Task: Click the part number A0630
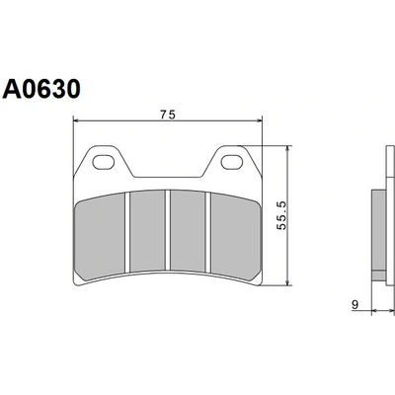(x=41, y=89)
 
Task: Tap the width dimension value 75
(x=168, y=115)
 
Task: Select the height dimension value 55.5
(x=282, y=215)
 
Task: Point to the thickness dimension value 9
(x=355, y=304)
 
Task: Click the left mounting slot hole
(x=103, y=162)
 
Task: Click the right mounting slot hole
(x=231, y=162)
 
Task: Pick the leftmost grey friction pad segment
(x=100, y=236)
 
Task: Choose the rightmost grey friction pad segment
(x=234, y=235)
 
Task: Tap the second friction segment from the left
(x=147, y=231)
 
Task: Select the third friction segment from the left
(x=188, y=231)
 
